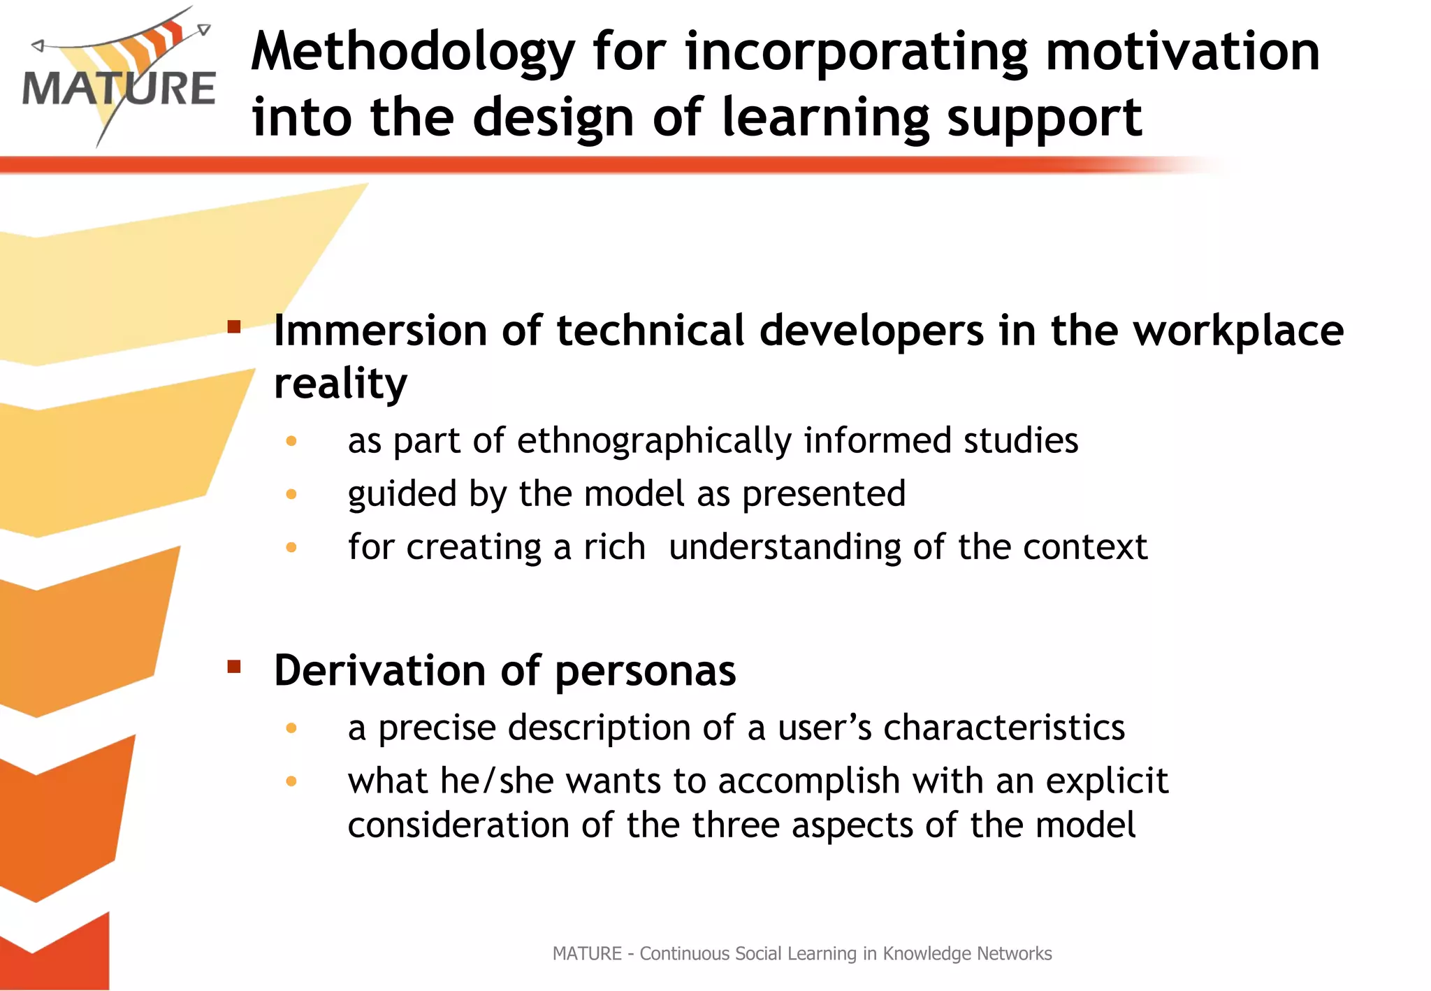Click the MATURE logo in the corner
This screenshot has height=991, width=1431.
(119, 77)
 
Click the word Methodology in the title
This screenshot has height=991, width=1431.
(412, 52)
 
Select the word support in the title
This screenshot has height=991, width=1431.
(1044, 117)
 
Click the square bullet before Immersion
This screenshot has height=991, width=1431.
(234, 326)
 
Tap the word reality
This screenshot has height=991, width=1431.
(340, 384)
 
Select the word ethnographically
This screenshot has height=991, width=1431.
(654, 441)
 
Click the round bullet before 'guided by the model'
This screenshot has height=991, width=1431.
(291, 494)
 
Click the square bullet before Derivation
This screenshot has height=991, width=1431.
(234, 667)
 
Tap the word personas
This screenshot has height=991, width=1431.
(645, 671)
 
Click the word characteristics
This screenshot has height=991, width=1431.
(1004, 728)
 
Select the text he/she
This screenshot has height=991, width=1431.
(497, 781)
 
